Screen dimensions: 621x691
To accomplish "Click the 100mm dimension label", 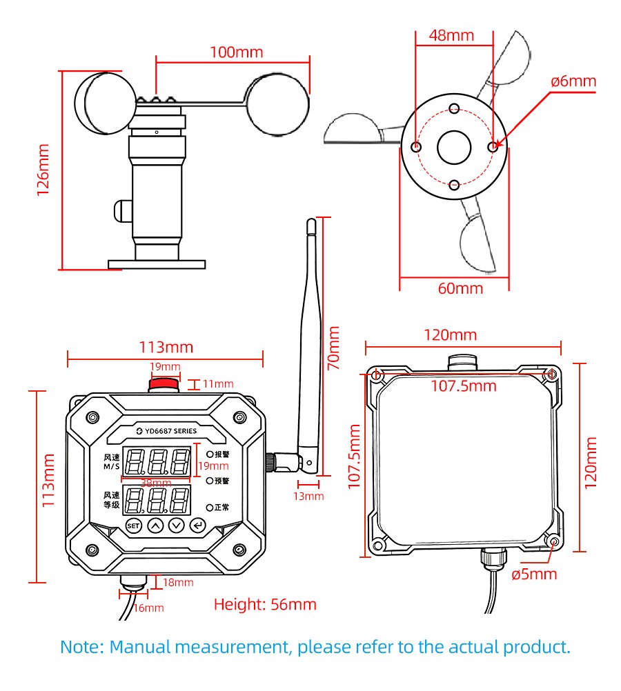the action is (237, 52).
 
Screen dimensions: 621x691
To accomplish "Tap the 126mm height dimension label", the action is (43, 170).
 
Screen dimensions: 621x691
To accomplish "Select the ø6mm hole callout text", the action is (573, 81).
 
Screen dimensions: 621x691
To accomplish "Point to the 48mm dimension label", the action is (451, 36).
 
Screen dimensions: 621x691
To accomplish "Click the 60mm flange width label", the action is (460, 289).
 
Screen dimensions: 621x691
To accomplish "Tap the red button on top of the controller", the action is (164, 384).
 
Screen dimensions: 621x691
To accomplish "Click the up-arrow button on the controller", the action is (155, 525).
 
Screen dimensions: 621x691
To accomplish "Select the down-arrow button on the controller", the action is (177, 525).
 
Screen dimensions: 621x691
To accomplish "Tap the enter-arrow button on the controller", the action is (198, 525).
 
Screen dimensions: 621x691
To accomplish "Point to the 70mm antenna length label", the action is (333, 348).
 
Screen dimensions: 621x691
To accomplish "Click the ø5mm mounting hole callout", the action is (534, 574).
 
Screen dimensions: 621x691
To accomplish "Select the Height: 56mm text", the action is (265, 605).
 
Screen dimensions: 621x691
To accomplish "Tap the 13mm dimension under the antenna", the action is (308, 497).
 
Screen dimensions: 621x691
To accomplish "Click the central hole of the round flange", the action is (454, 147).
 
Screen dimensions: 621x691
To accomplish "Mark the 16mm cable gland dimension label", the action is (148, 608).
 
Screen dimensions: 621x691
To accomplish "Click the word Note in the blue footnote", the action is (81, 648).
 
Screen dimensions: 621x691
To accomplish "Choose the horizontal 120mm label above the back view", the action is (451, 335).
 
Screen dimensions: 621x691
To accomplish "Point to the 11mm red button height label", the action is (218, 384).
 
